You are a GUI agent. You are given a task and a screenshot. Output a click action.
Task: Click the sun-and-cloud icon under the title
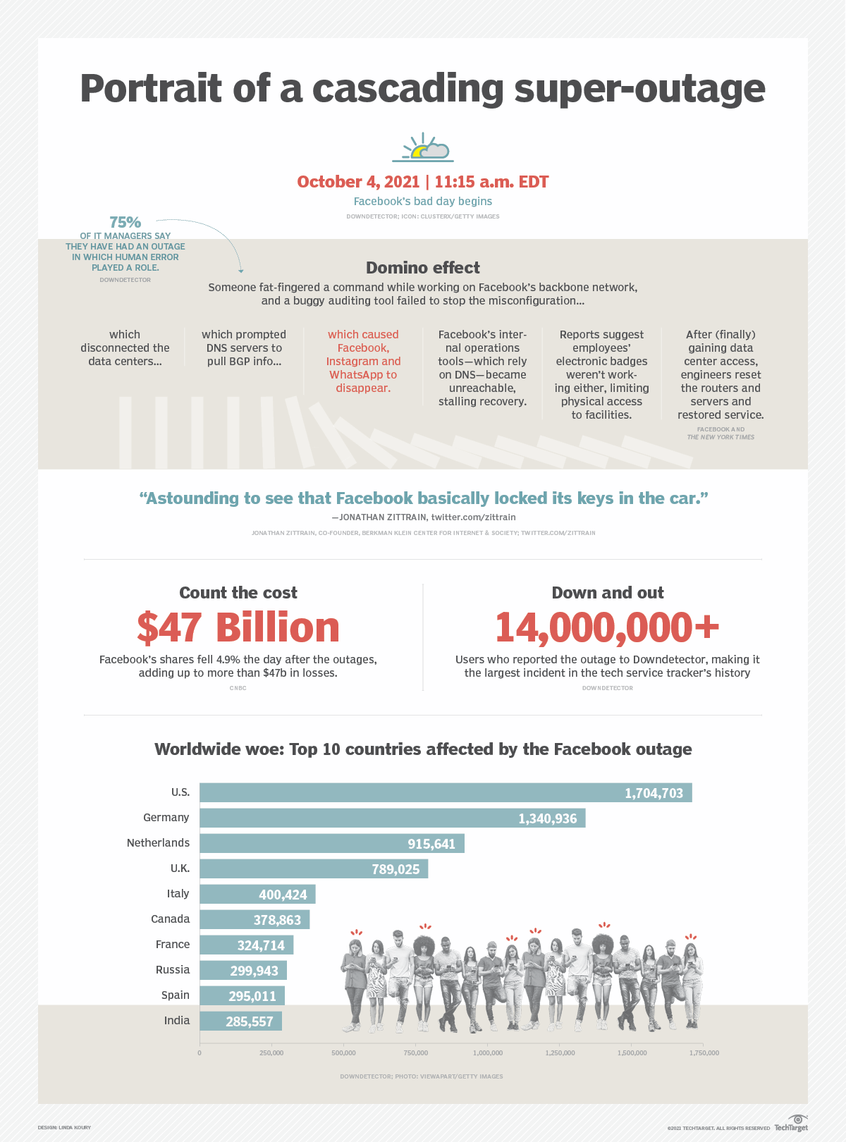coord(423,147)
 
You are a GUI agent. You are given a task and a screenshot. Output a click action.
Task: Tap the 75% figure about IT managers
coord(125,223)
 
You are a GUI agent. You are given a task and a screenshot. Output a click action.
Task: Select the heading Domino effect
coord(422,268)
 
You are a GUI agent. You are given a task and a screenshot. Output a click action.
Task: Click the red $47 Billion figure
coord(238,627)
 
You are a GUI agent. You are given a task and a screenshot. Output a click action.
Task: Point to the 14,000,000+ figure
coord(607,627)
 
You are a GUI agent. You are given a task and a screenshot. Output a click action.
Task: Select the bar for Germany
coord(392,818)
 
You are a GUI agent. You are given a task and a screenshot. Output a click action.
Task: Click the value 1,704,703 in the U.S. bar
coord(654,793)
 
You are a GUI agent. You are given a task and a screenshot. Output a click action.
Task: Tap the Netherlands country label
coord(158,843)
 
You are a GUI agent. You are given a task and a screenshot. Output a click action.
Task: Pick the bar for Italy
coord(257,895)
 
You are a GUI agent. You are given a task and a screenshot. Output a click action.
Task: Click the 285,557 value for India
coord(249,1021)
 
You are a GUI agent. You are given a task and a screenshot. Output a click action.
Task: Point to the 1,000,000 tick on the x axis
coord(488,1053)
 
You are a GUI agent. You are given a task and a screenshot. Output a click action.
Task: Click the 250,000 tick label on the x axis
coord(271,1053)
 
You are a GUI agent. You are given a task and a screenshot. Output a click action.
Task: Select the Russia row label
coord(173,970)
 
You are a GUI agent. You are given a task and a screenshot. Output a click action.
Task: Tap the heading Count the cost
coord(238,593)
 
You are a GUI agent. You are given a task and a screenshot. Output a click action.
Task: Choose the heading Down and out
coord(608,593)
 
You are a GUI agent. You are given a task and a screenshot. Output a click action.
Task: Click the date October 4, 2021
coord(358,182)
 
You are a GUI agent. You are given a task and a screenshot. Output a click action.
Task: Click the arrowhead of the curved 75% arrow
coord(241,271)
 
